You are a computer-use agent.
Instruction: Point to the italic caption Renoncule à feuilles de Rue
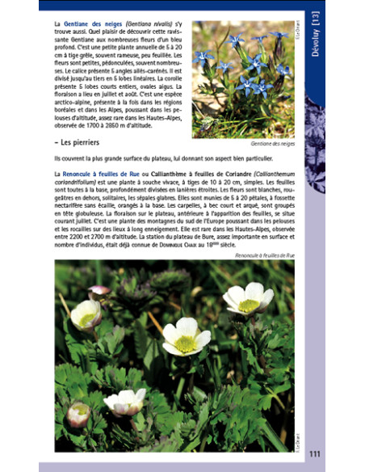pos(263,255)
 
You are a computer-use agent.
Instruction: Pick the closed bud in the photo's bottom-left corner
pos(78,415)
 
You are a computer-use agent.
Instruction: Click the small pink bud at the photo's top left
pos(99,291)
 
